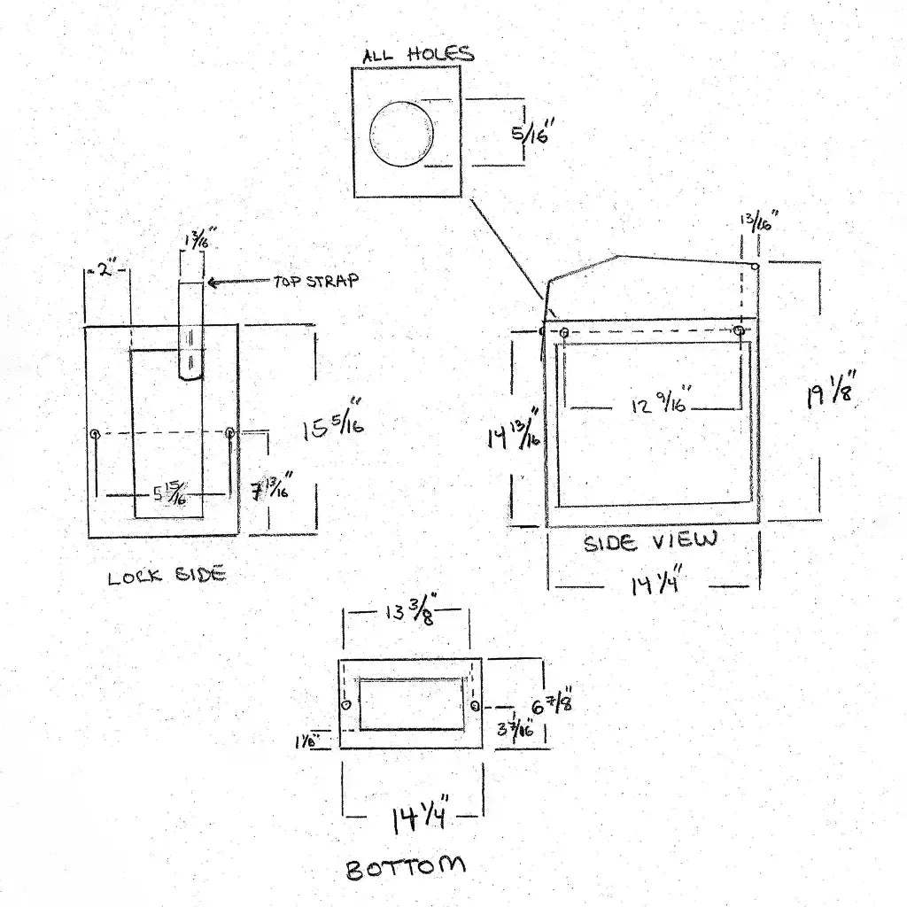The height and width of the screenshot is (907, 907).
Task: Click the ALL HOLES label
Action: [417, 55]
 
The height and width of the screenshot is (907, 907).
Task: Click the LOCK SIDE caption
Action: [167, 577]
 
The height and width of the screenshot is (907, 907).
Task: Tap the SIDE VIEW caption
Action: [650, 541]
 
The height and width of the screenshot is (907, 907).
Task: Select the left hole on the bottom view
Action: [345, 705]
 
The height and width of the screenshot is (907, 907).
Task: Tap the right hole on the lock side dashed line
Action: [230, 433]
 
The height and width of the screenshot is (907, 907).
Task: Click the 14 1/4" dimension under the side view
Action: [655, 585]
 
